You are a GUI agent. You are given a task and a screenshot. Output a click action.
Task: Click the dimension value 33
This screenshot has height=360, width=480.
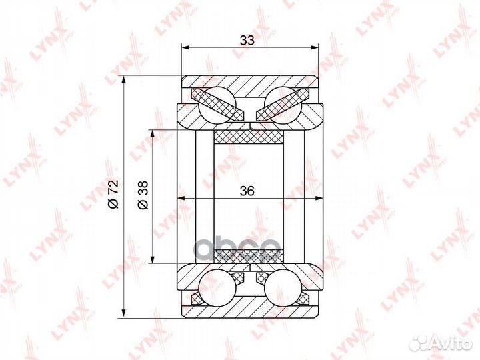pos(247,40)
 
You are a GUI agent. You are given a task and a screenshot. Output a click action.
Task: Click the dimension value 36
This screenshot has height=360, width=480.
pos(247,191)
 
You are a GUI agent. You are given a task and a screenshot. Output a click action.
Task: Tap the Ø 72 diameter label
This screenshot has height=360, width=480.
pos(113,195)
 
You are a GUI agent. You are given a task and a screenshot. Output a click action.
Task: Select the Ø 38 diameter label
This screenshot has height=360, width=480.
pos(143,195)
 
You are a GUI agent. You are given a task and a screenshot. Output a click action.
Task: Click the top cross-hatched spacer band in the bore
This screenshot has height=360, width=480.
pos(248,137)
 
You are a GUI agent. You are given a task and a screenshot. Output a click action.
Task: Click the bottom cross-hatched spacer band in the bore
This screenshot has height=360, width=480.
pos(248,257)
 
